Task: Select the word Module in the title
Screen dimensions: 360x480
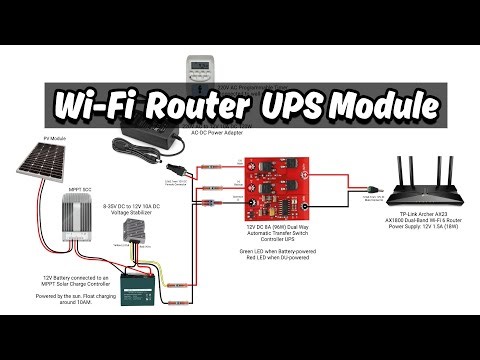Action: [x=385, y=103]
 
